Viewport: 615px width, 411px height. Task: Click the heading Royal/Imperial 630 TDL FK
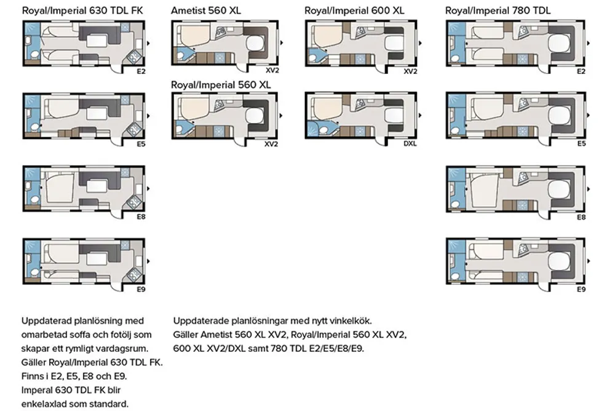tap(82, 10)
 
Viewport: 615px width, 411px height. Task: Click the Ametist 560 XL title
tap(206, 10)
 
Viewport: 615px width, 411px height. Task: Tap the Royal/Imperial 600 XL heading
tap(354, 10)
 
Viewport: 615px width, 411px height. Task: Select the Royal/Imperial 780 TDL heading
tap(498, 10)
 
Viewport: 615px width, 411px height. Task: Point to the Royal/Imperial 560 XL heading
tap(221, 85)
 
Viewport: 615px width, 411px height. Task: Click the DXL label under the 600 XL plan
tap(410, 144)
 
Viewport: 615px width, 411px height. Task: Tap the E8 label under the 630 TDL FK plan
tap(141, 217)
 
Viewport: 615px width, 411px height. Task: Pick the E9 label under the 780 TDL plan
tap(581, 289)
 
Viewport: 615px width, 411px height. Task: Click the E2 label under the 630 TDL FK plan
tap(141, 71)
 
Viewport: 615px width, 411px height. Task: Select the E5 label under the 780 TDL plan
tap(581, 144)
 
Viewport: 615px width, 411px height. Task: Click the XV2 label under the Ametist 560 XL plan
tap(272, 71)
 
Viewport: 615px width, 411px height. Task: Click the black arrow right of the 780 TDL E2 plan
tap(589, 43)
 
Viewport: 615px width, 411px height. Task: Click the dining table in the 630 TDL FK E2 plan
tap(97, 41)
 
